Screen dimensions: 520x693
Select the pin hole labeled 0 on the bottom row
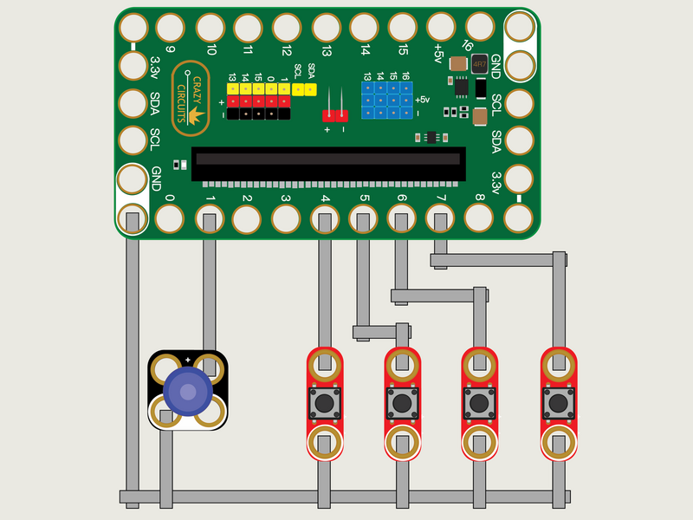170,218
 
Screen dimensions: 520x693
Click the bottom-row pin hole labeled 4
325,218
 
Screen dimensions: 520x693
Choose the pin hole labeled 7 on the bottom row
441,218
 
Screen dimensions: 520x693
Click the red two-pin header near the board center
334,115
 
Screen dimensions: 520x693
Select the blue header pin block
386,101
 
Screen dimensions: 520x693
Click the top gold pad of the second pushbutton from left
402,364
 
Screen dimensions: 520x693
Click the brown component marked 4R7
479,64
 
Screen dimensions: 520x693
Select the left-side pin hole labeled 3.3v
133,65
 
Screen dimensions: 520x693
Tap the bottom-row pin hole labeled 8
479,218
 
